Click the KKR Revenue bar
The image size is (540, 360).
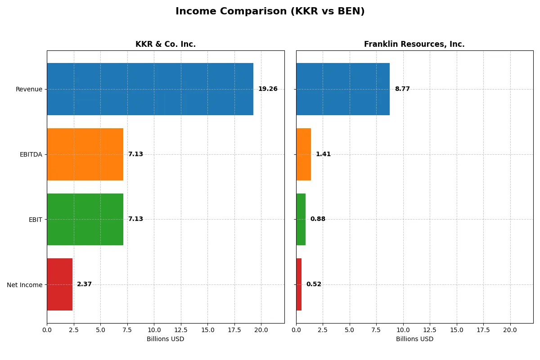(x=150, y=89)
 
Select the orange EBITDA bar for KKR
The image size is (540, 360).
(x=85, y=154)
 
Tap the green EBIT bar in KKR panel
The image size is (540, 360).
(x=85, y=219)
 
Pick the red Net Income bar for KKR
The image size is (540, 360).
(x=59, y=284)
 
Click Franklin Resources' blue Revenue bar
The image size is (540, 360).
(x=343, y=89)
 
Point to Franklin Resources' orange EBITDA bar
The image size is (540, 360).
(x=303, y=154)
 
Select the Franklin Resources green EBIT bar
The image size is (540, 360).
(x=301, y=219)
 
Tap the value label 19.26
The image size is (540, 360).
(x=268, y=89)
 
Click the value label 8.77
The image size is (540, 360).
(x=402, y=89)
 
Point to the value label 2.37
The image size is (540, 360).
(x=84, y=284)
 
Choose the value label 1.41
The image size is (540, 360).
(x=323, y=154)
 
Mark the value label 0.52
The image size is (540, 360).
(x=314, y=284)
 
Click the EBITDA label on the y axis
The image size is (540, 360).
(x=31, y=154)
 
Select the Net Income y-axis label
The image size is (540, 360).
(x=25, y=284)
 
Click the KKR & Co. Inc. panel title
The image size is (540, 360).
(x=166, y=44)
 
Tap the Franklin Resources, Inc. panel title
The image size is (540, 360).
(x=414, y=44)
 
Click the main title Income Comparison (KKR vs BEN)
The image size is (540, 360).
(x=270, y=11)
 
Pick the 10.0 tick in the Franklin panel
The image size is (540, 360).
(x=403, y=330)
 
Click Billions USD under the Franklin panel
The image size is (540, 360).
(x=414, y=339)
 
